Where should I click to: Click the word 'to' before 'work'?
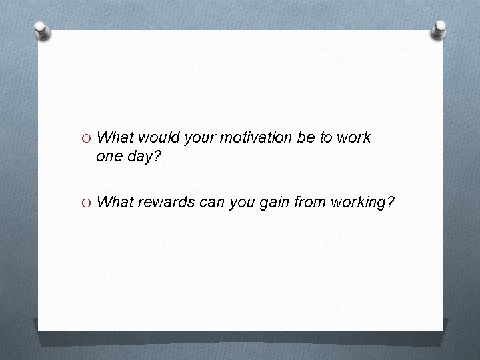tap(324, 137)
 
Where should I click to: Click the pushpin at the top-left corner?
tap(41, 31)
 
